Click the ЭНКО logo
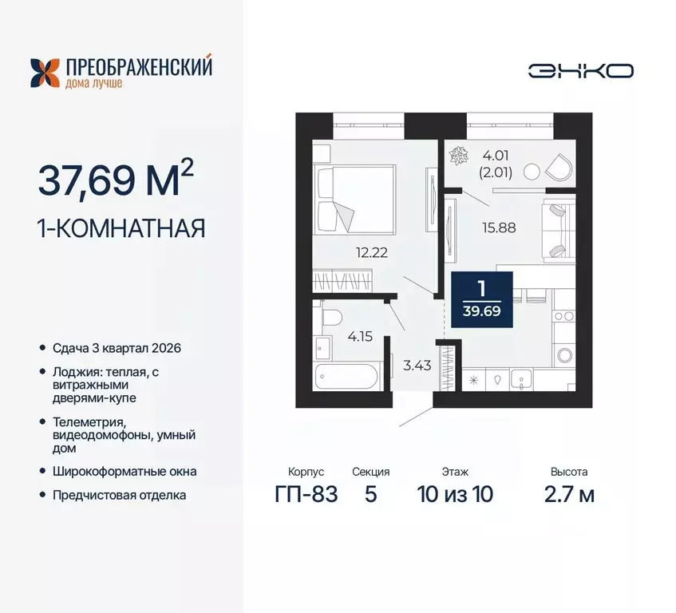580,70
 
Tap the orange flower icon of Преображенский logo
44,72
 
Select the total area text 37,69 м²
115,180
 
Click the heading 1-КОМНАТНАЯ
121,229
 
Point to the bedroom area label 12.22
372,252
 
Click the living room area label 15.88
500,227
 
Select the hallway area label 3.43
413,366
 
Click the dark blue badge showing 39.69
481,299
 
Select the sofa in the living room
557,230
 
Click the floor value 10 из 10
455,494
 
